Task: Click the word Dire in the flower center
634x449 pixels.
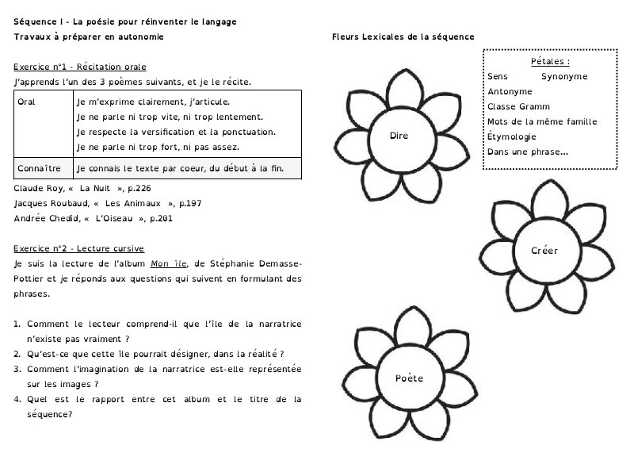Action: point(399,136)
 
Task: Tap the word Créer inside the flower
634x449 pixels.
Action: point(544,251)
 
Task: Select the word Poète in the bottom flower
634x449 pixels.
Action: point(409,378)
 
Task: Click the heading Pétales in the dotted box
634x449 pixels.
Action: point(550,61)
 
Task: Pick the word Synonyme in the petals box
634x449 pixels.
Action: point(564,76)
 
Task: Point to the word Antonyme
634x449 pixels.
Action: point(510,91)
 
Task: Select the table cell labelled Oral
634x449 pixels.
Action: point(26,102)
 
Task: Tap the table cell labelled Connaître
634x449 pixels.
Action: point(38,169)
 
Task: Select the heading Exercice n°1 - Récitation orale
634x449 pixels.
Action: point(80,67)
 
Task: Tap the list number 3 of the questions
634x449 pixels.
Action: point(17,369)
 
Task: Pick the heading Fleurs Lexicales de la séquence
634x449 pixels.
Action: point(403,36)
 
